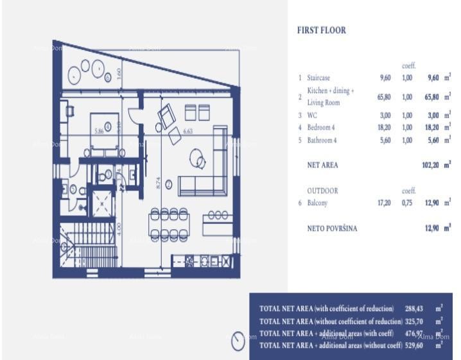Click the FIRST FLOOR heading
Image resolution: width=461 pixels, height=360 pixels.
point(322,30)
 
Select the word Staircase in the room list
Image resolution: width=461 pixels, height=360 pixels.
point(318,78)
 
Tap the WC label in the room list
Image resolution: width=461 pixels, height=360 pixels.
point(311,116)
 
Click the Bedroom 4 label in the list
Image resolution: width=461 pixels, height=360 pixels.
point(321,128)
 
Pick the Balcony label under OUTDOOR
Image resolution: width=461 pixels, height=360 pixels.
point(317,203)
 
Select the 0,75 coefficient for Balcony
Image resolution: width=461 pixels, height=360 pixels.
point(407,203)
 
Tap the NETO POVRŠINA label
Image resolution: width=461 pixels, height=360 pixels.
point(332,228)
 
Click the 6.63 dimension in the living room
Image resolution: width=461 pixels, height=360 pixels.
point(188,131)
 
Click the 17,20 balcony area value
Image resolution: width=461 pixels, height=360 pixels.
point(384,203)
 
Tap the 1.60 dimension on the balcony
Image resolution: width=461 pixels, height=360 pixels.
point(118,73)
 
